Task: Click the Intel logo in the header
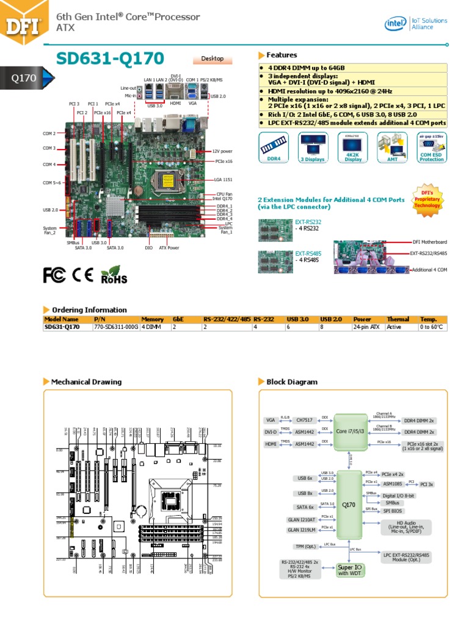[394, 23]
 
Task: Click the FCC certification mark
[56, 275]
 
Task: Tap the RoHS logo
[114, 275]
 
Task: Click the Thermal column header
[398, 319]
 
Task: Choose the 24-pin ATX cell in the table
[366, 327]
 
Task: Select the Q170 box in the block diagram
[349, 505]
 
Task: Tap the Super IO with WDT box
[349, 570]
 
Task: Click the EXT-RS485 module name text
[308, 253]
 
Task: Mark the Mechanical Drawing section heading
[86, 382]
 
